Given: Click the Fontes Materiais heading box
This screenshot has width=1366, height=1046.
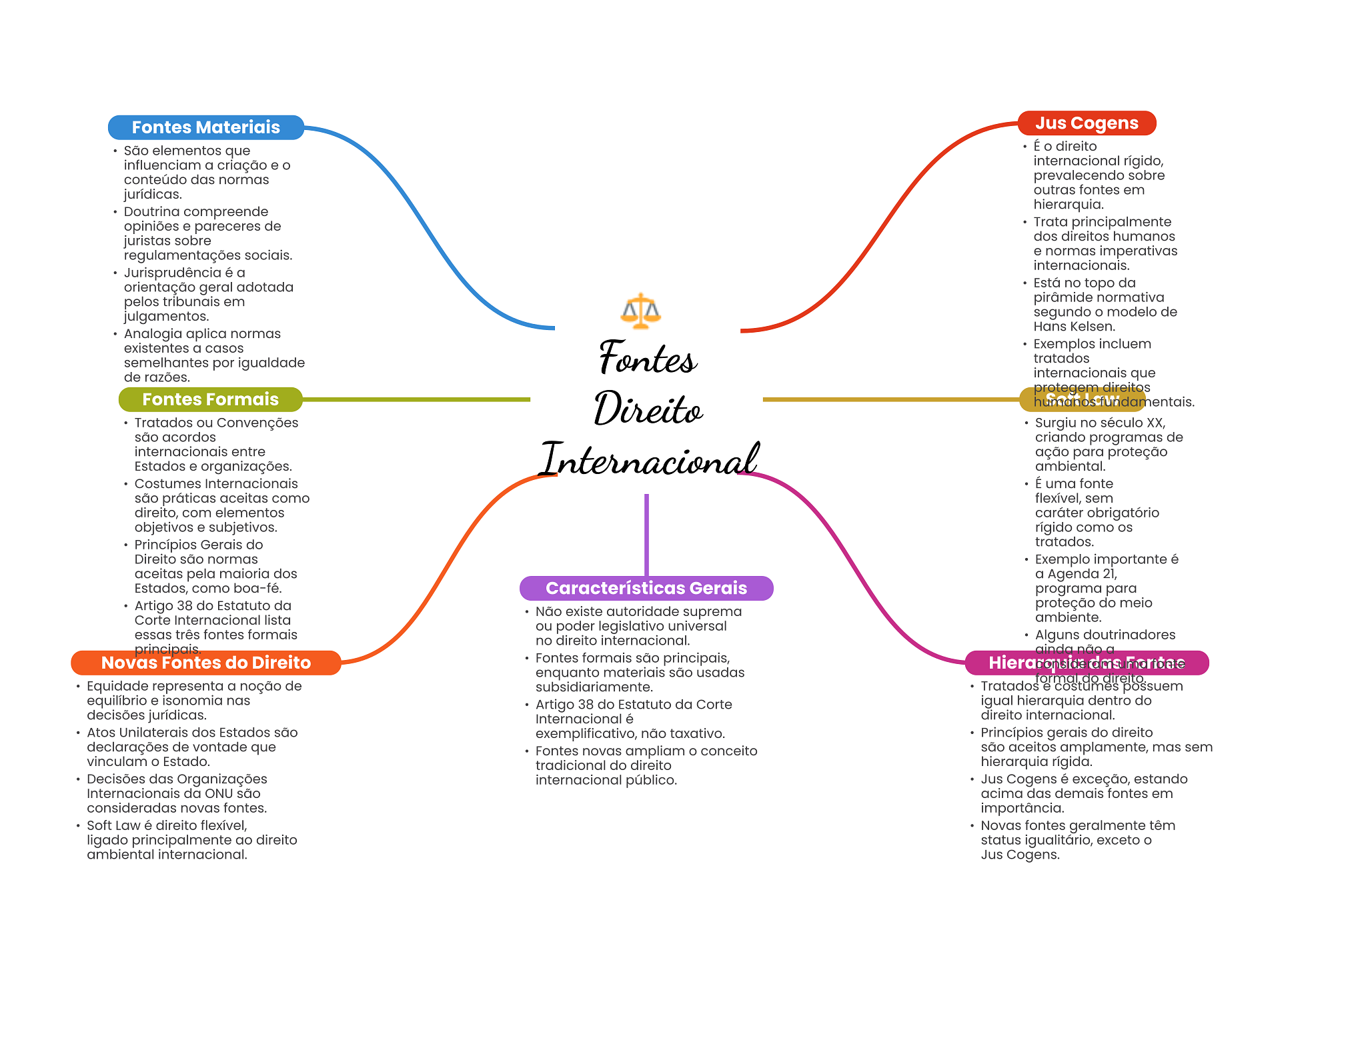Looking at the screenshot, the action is (205, 127).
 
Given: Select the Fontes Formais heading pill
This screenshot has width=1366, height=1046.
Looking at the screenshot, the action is (210, 399).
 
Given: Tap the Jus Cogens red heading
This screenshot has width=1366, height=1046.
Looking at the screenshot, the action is (1087, 123).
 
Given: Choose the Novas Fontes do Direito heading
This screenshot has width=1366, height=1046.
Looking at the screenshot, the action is (205, 663).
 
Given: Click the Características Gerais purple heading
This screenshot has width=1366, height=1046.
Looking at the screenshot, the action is (646, 588).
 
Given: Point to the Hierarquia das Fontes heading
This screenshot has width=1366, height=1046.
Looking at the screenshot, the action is (1086, 663).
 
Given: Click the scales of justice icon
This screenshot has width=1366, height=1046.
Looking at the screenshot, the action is (640, 311).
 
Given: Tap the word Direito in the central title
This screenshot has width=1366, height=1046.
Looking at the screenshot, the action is (648, 409).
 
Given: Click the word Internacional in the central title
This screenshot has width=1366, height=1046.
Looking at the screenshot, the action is (649, 460).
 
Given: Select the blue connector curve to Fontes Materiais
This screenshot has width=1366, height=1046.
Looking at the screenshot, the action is (427, 227).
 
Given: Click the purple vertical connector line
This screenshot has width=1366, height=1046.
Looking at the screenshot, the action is (646, 533).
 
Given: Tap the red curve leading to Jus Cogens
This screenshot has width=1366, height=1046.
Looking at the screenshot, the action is (880, 227).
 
